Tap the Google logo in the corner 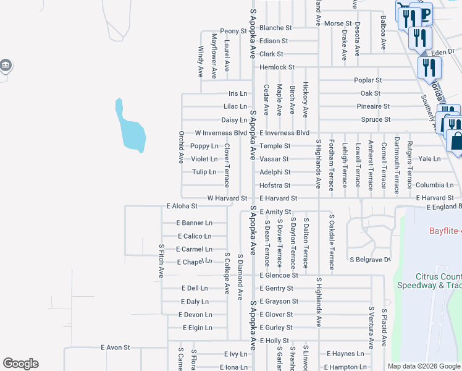click(20, 364)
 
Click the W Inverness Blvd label click(220, 133)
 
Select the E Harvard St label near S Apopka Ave click(278, 198)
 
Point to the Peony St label click(233, 31)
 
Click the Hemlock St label click(277, 67)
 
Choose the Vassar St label click(274, 159)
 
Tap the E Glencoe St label click(279, 275)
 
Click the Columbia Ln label click(434, 185)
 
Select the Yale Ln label click(429, 158)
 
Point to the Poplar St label click(367, 80)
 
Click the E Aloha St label click(182, 206)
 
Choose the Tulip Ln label click(204, 172)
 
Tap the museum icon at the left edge click(5, 65)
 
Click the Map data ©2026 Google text click(423, 366)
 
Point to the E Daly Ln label click(195, 302)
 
